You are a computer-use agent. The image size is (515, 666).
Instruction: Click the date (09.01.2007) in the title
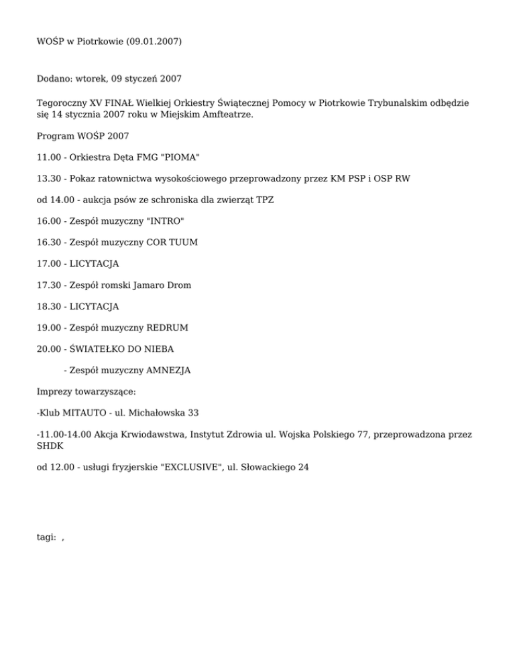(x=153, y=41)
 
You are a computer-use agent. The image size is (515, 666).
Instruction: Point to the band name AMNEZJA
(x=168, y=370)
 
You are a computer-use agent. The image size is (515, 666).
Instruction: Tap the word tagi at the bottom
(x=46, y=537)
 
